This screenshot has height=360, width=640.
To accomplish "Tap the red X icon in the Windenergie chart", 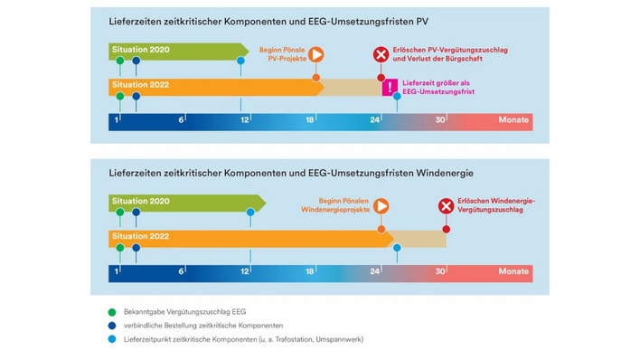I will pyautogui.click(x=446, y=206).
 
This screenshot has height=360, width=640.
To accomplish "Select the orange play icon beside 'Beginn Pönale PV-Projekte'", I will pyautogui.click(x=315, y=54).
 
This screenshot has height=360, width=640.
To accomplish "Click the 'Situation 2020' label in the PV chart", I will pyautogui.click(x=139, y=50).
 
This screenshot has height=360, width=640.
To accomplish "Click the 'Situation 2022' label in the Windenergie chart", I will pyautogui.click(x=139, y=236).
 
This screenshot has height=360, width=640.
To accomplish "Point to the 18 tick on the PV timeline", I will pyautogui.click(x=310, y=120).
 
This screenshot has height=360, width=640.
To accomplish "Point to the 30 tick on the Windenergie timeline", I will pyautogui.click(x=440, y=270).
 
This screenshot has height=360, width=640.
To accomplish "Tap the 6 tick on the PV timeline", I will pyautogui.click(x=182, y=120).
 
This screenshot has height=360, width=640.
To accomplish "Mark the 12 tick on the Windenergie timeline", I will pyautogui.click(x=245, y=270).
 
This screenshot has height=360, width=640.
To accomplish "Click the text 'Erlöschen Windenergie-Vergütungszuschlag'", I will pyautogui.click(x=494, y=206).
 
